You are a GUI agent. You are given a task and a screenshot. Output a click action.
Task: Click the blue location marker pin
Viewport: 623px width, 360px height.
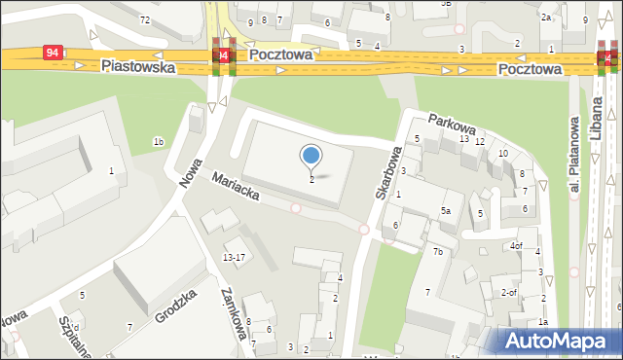[x=311, y=155]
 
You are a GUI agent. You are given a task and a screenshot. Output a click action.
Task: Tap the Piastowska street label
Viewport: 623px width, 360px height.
[x=137, y=67]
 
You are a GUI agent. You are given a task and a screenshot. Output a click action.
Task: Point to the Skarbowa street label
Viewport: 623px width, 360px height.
[x=387, y=173]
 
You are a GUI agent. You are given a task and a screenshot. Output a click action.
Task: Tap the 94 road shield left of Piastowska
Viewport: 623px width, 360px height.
[x=54, y=53]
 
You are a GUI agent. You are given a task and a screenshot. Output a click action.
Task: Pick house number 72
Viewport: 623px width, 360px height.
[x=145, y=19]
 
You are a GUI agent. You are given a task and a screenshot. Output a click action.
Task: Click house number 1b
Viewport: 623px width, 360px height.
[x=158, y=143]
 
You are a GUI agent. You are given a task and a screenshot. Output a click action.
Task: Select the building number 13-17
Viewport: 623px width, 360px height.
[x=234, y=257]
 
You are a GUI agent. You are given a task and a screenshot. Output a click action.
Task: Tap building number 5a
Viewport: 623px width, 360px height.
[x=445, y=211]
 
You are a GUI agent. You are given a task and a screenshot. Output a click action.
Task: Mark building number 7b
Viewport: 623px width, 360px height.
[x=438, y=252]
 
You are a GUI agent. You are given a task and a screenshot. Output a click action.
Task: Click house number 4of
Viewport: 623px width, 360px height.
[x=517, y=245]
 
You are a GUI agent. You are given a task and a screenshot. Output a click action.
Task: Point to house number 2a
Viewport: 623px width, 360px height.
[x=547, y=18]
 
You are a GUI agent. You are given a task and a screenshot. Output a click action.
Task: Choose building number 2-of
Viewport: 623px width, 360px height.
[x=508, y=292]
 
